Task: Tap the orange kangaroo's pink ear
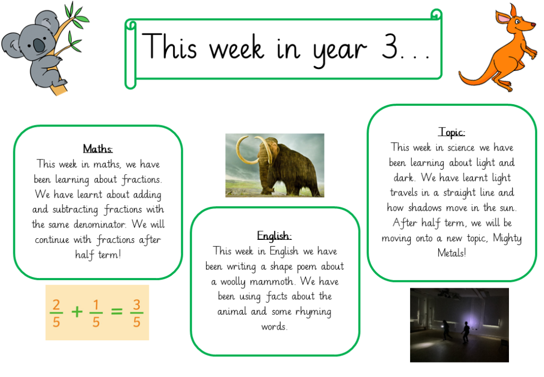502,18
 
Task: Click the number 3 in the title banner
389,46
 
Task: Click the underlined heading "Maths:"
98,148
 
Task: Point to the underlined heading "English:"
274,236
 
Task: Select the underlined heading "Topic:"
452,132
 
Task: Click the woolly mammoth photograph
275,165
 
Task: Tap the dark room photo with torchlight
460,325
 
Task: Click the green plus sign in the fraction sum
77,312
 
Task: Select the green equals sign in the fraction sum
116,311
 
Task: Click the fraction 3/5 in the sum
137,313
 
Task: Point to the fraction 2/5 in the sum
56,313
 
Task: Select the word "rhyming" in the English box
313,312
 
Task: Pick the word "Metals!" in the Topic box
452,253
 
